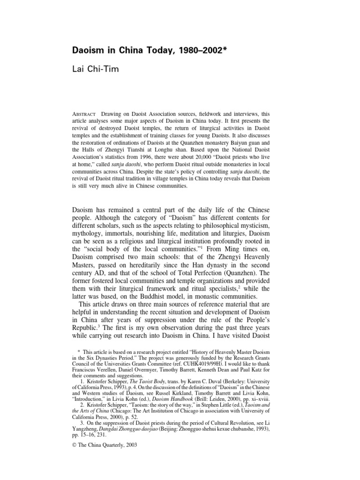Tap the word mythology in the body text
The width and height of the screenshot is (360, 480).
(x=91, y=236)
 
